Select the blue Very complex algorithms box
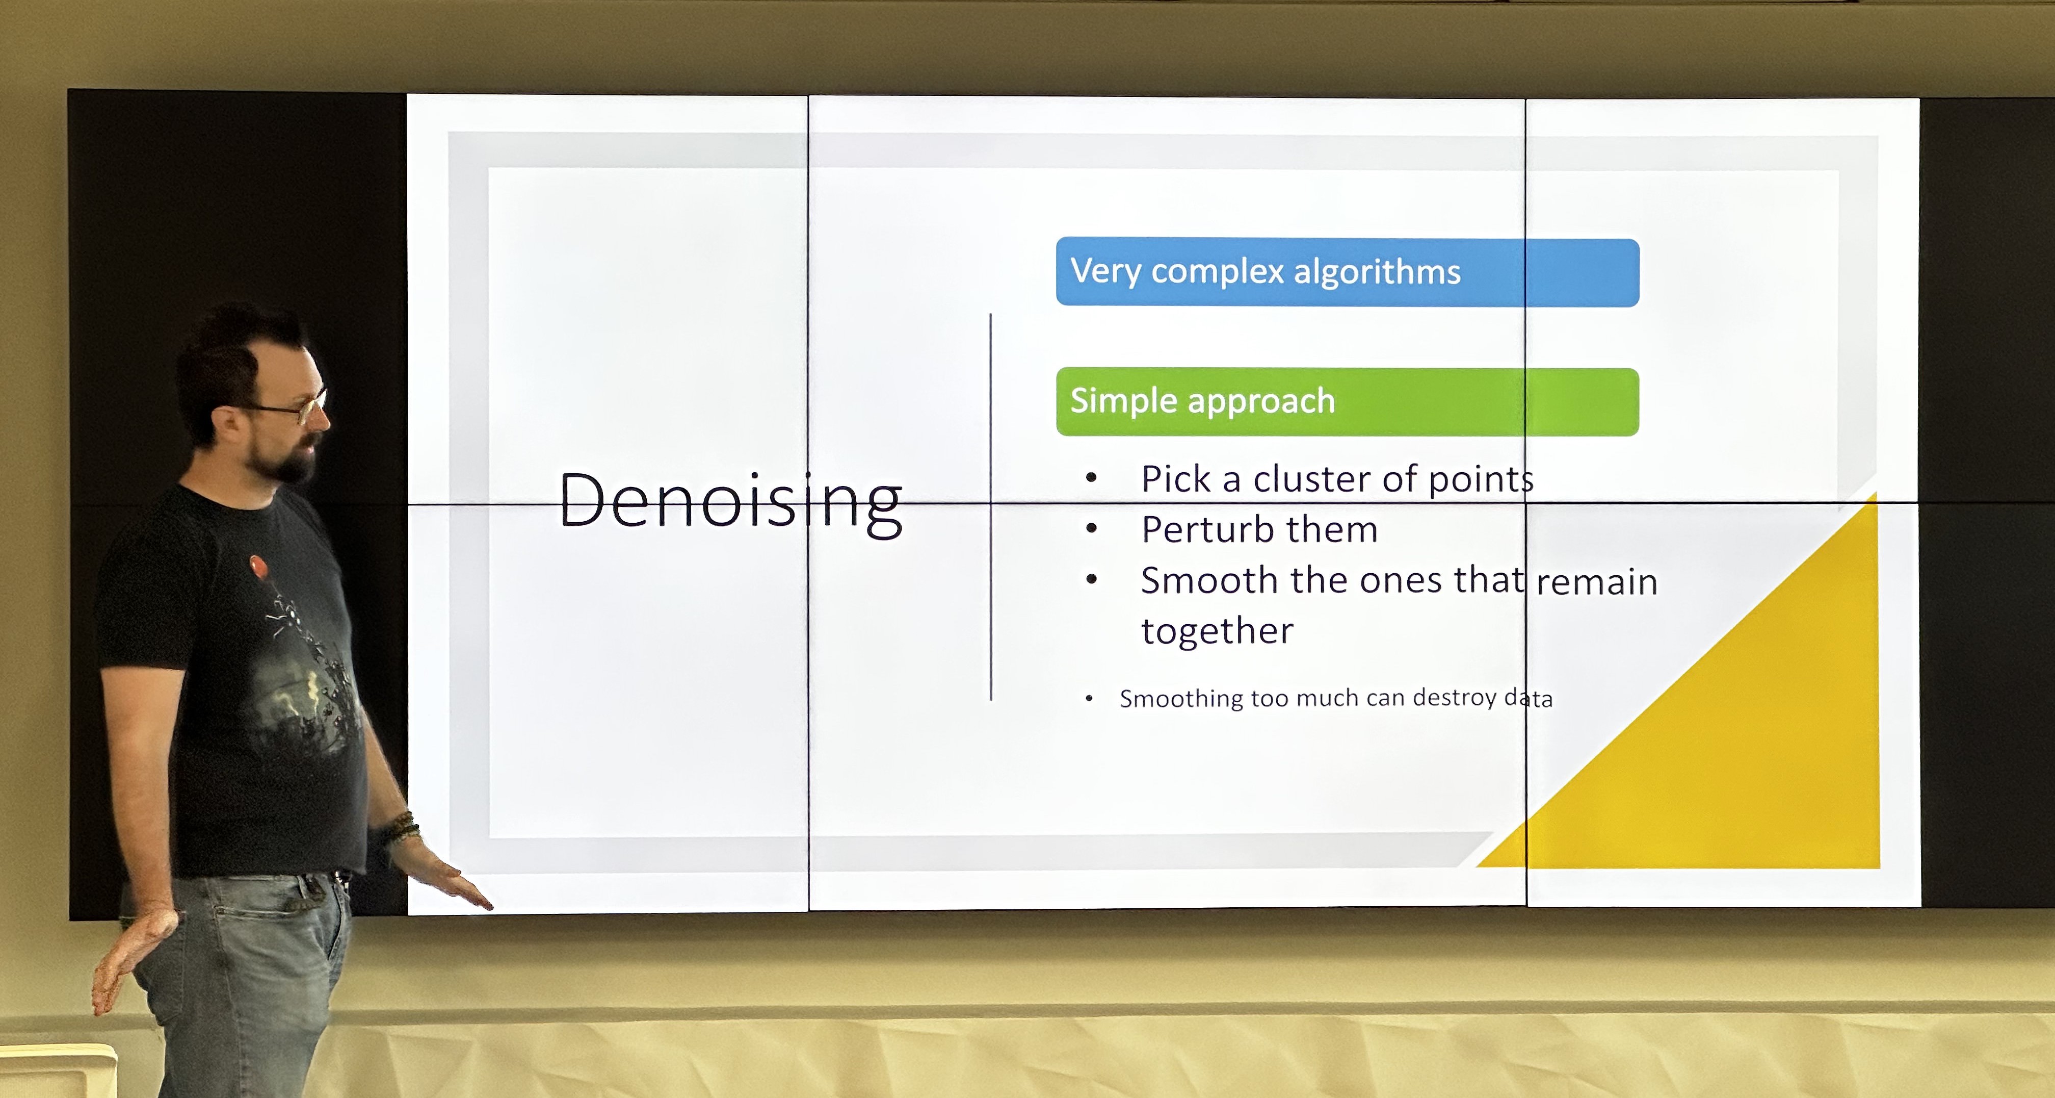pos(1348,272)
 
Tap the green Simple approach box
pos(1348,401)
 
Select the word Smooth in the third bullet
pos(1209,580)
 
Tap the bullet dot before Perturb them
pos(1091,528)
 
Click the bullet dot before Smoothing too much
pos(1089,699)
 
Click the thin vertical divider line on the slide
pos(991,507)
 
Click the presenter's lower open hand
pos(131,958)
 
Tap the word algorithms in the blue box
pos(1377,272)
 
